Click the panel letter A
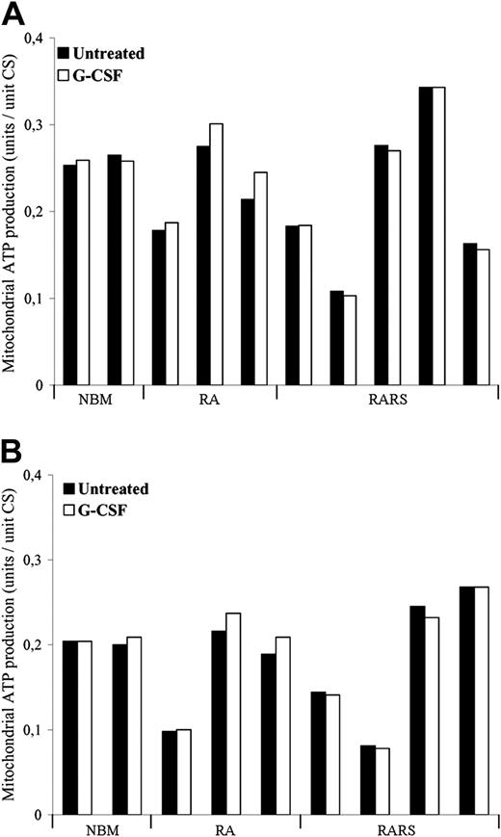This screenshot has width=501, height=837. tap(13, 14)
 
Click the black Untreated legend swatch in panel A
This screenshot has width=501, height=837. tap(65, 53)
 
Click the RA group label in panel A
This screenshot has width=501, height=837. tap(209, 405)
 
